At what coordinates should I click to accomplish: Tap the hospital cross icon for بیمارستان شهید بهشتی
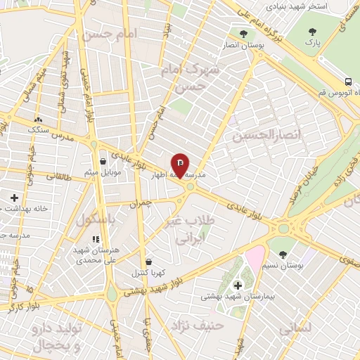tap(237, 285)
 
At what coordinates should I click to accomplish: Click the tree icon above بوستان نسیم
tap(282, 255)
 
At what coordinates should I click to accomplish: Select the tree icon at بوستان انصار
tap(243, 33)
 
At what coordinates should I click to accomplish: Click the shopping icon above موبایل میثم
tap(103, 161)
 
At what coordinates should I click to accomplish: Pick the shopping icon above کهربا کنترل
tap(148, 262)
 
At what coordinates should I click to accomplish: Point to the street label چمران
tap(141, 203)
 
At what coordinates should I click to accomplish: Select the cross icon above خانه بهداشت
tap(13, 198)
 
